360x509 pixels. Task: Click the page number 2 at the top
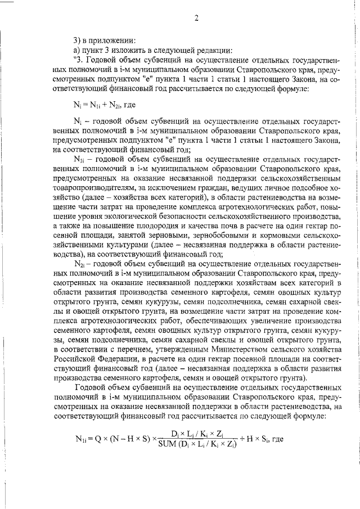197,17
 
